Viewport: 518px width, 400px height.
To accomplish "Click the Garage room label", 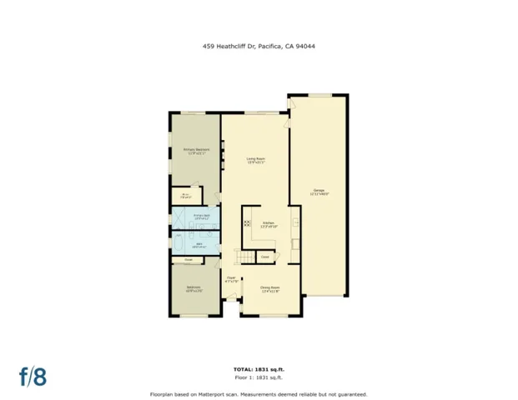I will click(319, 192).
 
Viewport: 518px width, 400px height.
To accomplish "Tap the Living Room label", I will click(255, 160).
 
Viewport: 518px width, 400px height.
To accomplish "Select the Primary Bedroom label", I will click(196, 152).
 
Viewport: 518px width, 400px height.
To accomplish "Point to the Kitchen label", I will click(269, 224).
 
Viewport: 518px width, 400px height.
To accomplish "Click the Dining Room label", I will click(269, 291).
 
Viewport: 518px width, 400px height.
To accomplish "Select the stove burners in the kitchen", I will click(247, 223).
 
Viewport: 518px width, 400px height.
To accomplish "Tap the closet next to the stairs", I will click(264, 257).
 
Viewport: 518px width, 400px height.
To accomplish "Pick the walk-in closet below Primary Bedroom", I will click(185, 196).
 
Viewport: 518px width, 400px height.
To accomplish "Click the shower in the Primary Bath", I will click(179, 218).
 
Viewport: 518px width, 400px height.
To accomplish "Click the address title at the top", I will click(259, 47).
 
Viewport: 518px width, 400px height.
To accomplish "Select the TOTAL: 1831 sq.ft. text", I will click(259, 368).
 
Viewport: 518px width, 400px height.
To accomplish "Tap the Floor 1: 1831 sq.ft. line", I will click(259, 377).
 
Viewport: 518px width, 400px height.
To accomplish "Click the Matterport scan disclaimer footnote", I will click(259, 393).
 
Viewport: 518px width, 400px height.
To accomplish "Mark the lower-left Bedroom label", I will click(194, 290).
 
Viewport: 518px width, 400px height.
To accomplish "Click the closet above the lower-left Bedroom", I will click(189, 260).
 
